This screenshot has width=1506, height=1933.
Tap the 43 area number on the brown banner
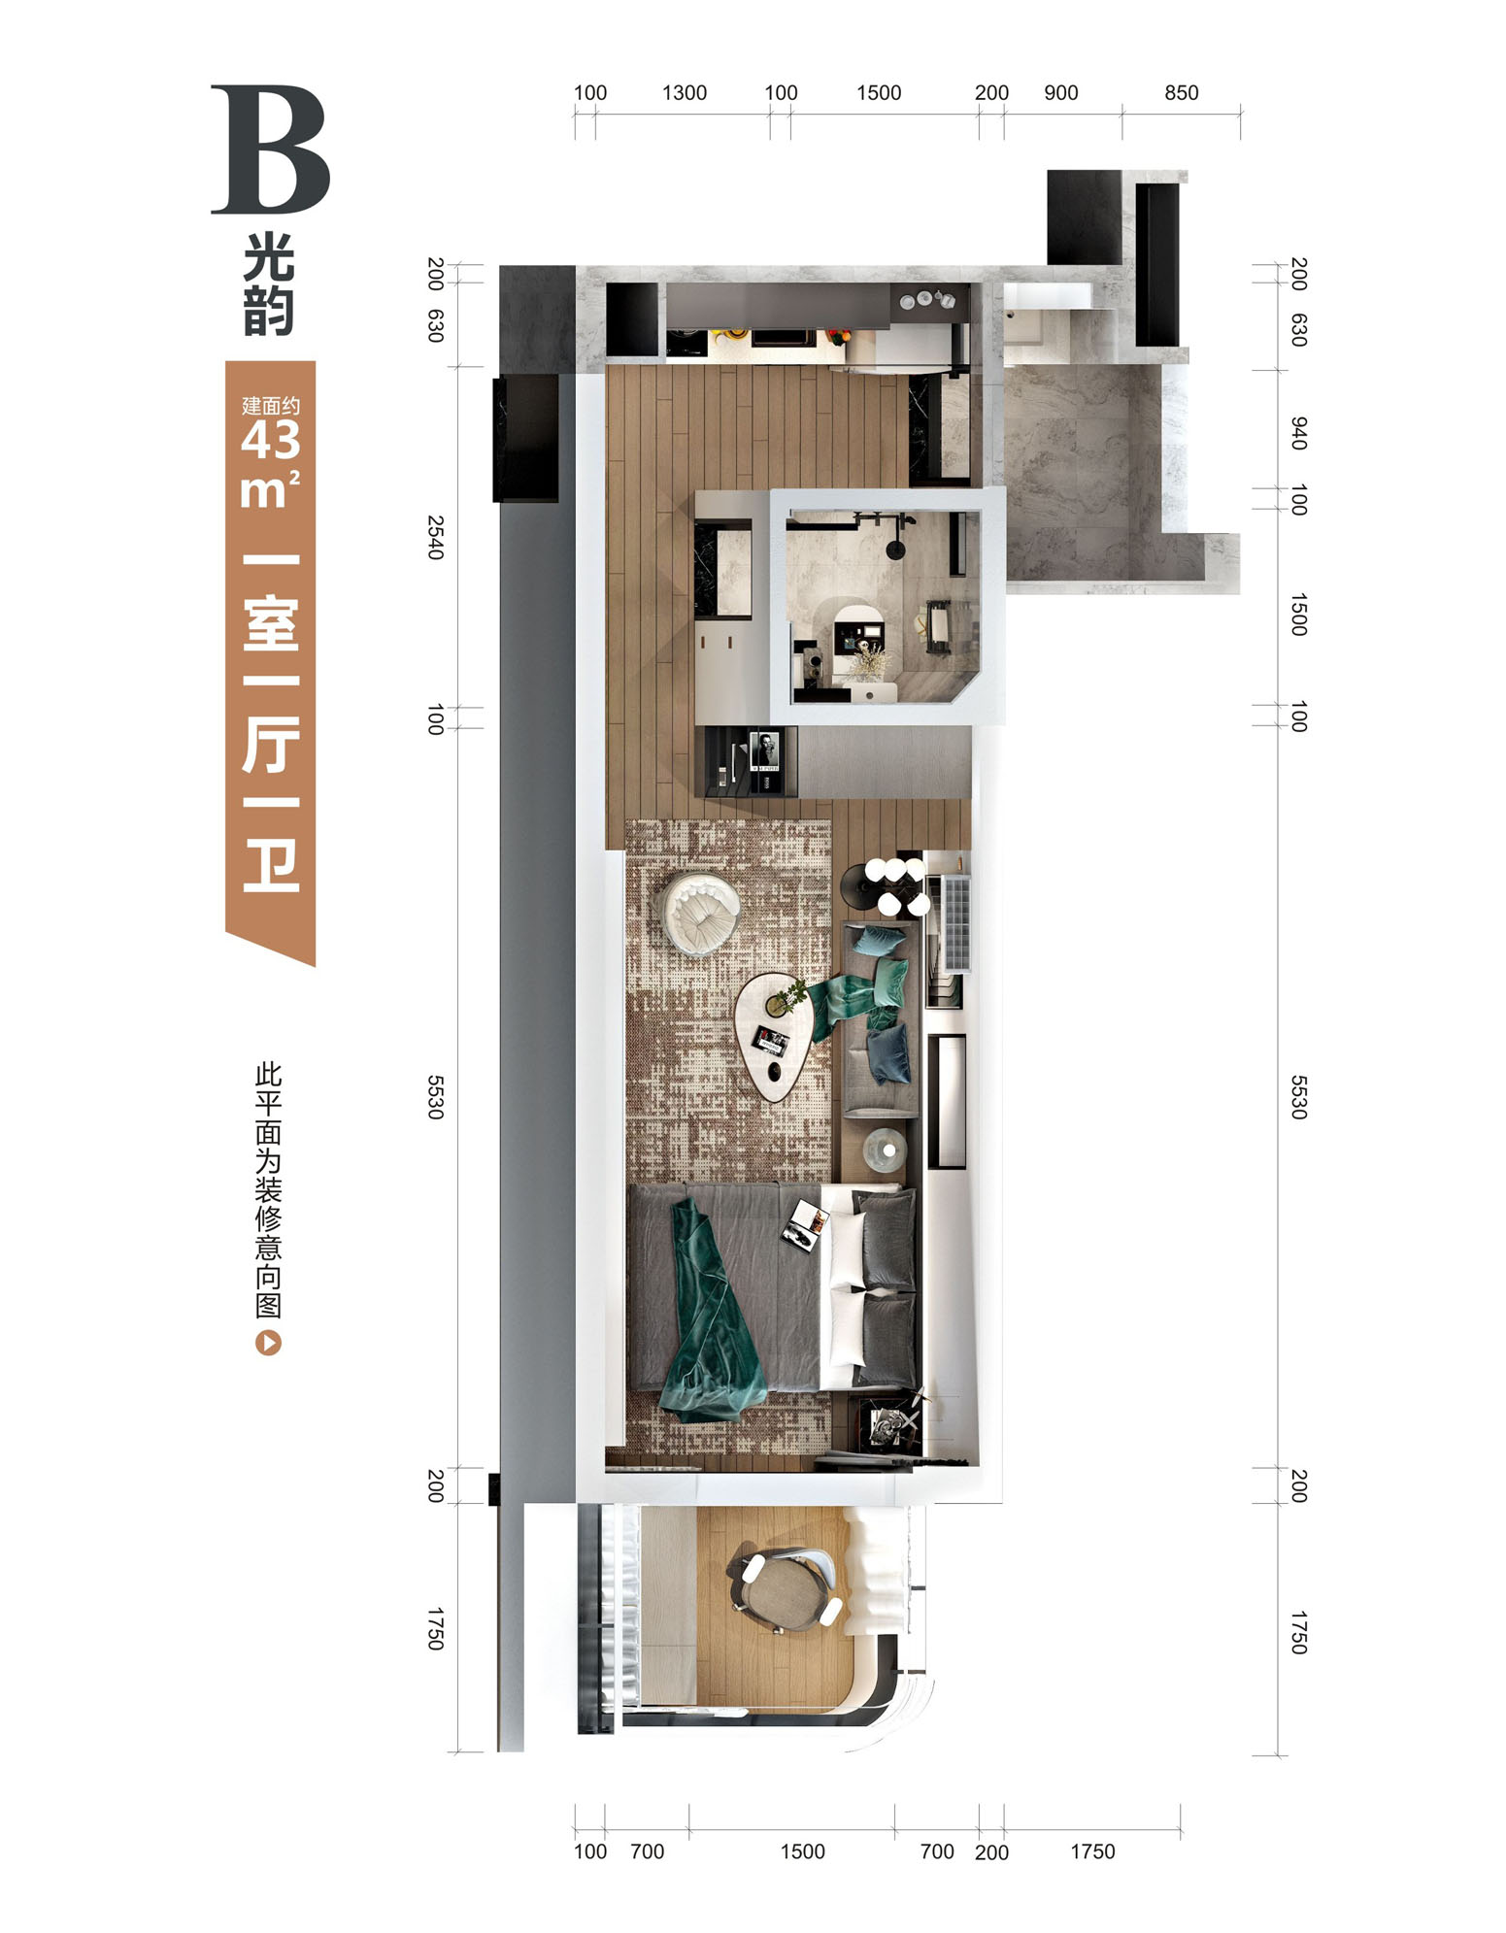tap(271, 442)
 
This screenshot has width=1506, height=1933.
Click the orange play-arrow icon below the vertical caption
tap(268, 1344)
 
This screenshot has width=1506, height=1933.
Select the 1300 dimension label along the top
tap(685, 93)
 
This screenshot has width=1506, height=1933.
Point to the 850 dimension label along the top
tap(1182, 93)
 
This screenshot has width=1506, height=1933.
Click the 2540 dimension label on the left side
tap(436, 537)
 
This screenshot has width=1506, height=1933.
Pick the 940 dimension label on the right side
tap(1299, 433)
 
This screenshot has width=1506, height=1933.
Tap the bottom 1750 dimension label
tap(1092, 1851)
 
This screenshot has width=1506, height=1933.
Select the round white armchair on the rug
tap(700, 910)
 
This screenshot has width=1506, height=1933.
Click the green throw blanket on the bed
tap(714, 1311)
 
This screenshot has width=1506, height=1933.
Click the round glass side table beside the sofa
tap(885, 1148)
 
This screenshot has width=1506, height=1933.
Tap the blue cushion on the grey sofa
tap(889, 1053)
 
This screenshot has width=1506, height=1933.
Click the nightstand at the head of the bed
tap(887, 1424)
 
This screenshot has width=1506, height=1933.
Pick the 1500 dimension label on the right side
tap(1299, 615)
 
